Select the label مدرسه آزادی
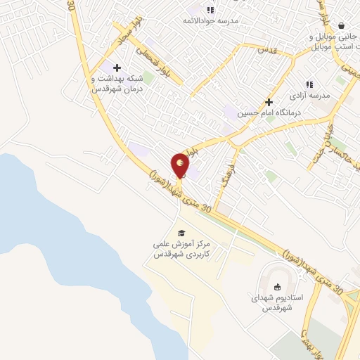310,94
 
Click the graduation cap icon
181,233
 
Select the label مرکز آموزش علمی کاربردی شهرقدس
181,249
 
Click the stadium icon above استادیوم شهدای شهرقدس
277,286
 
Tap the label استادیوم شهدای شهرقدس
277,302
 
